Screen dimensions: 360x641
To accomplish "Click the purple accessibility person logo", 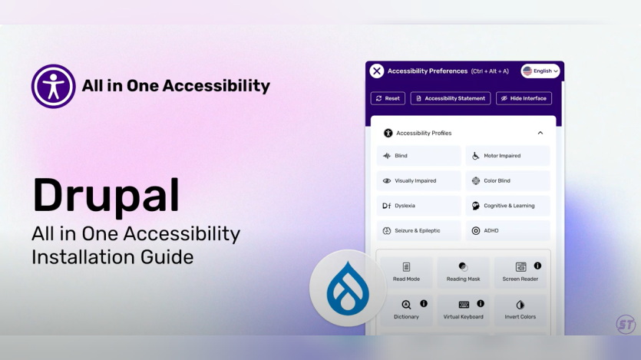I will point(54,86).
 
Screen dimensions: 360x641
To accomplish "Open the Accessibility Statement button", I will point(450,98).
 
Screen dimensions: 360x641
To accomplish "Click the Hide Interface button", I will point(524,98).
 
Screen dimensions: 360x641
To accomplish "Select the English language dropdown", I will point(540,71).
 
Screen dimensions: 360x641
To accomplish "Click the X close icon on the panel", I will point(377,71).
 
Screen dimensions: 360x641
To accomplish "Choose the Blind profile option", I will point(419,156).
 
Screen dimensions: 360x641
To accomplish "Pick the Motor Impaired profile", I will point(507,156).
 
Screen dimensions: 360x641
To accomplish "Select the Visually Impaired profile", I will point(419,181).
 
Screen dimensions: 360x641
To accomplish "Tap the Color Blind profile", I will point(507,181).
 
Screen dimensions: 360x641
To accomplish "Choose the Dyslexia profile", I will point(419,206).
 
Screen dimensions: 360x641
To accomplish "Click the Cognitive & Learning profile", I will point(507,206).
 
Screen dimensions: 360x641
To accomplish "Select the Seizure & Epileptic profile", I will point(419,230).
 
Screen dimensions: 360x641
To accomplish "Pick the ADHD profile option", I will point(507,230).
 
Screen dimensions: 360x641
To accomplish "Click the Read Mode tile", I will point(405,272).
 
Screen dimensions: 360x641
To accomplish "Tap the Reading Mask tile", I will point(463,272).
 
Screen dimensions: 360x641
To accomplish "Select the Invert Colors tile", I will point(520,310).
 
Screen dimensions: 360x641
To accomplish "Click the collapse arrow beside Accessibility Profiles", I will point(540,133).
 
